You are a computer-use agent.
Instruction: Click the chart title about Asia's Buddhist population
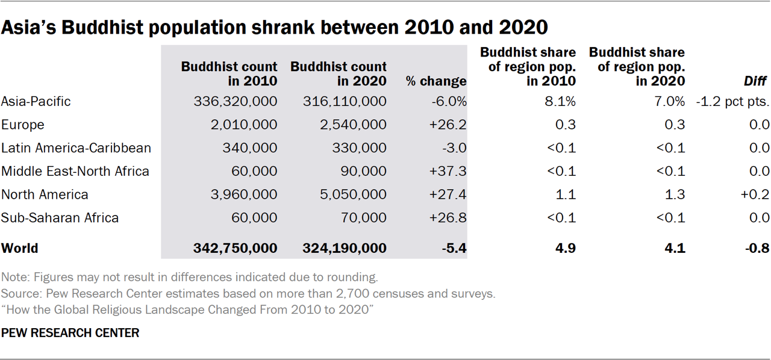click(x=275, y=28)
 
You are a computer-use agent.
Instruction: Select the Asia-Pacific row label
click(x=36, y=101)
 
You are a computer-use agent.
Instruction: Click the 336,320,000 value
click(x=236, y=101)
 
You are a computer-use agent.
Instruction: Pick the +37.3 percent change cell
click(x=448, y=171)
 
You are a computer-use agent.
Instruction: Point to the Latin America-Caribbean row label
click(x=76, y=148)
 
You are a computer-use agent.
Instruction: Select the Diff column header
click(x=757, y=81)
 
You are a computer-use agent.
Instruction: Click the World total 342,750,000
click(x=236, y=248)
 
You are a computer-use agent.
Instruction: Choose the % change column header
click(x=436, y=81)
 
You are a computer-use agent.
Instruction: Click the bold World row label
click(x=20, y=248)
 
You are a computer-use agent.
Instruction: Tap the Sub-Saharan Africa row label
click(x=60, y=218)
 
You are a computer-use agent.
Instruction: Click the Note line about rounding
click(x=189, y=278)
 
